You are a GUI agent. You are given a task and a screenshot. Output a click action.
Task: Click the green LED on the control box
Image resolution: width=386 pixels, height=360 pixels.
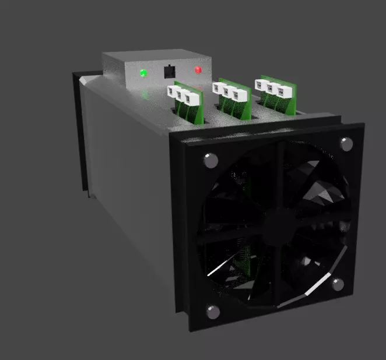click(143, 73)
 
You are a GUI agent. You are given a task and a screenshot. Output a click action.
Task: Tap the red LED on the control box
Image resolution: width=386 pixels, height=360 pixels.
click(198, 70)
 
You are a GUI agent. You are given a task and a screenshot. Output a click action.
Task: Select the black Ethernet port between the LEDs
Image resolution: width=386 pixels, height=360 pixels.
click(169, 72)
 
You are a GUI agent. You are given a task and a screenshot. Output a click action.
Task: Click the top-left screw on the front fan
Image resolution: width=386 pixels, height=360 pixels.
click(209, 160)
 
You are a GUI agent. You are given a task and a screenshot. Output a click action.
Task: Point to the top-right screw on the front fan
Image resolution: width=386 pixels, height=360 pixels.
click(346, 143)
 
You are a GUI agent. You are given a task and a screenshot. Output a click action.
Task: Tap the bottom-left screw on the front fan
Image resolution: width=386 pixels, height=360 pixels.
click(213, 312)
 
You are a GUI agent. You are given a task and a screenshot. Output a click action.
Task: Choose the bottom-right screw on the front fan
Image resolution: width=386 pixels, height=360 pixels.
click(337, 284)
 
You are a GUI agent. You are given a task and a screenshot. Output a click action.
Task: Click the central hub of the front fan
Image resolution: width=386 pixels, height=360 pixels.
click(282, 225)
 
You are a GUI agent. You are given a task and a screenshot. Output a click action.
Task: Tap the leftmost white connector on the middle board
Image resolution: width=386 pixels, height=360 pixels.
click(220, 88)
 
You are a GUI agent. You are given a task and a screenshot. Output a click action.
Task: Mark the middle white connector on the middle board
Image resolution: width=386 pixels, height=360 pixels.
click(229, 91)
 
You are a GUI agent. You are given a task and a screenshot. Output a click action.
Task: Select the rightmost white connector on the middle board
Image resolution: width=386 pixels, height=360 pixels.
click(237, 94)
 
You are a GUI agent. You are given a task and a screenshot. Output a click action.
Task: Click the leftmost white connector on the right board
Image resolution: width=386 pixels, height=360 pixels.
click(261, 84)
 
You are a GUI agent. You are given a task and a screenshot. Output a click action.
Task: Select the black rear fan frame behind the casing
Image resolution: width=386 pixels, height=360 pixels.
click(79, 134)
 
